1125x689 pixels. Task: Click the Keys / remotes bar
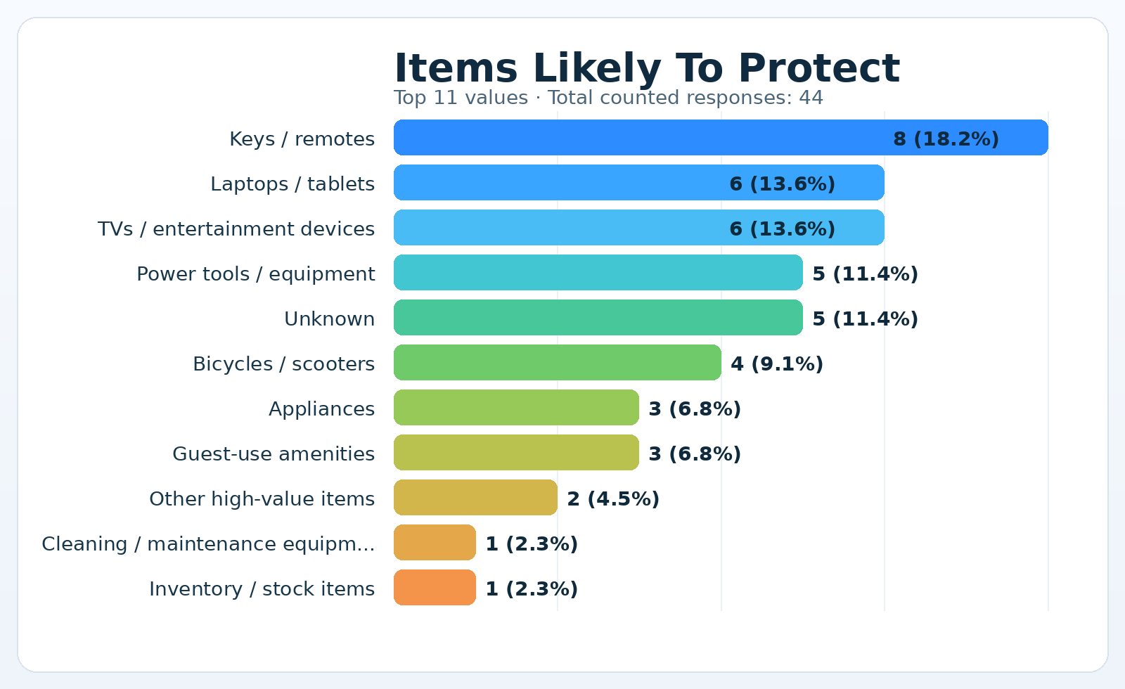721,138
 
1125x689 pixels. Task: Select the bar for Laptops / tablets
638,183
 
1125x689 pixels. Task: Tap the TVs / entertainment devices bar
638,228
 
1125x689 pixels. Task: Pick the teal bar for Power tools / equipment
598,273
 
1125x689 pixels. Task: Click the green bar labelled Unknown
598,318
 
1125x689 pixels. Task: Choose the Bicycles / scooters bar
557,363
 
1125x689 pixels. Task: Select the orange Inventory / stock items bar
435,588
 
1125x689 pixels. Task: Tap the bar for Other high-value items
475,498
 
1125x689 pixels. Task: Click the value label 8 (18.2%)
946,139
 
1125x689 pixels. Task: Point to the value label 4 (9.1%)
777,364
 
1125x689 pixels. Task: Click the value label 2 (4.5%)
613,499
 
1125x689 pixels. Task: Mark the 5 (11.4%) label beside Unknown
865,319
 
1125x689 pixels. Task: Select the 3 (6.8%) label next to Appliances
695,409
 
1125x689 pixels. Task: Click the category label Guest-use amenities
274,454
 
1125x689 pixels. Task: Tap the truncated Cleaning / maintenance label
208,544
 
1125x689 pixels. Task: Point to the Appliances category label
321,409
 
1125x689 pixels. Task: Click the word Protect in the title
819,69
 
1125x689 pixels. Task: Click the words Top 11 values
461,98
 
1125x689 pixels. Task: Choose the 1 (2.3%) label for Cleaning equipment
532,544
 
